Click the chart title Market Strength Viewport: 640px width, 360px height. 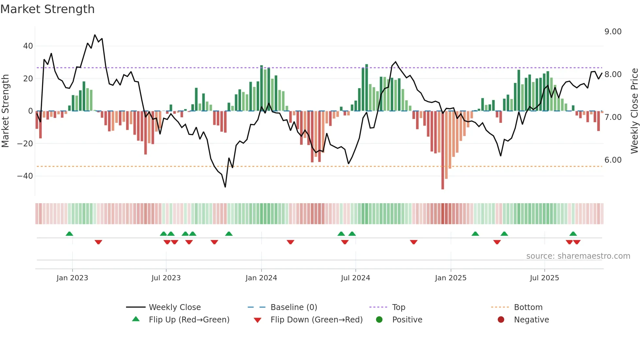tap(47, 9)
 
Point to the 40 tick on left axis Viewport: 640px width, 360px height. tap(28, 46)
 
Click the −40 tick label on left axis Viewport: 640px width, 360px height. tap(25, 176)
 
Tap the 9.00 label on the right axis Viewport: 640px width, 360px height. tap(613, 32)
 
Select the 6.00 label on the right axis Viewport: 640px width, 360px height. tap(613, 160)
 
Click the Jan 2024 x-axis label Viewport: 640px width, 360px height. tap(261, 278)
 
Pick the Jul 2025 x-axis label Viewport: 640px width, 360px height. tap(544, 278)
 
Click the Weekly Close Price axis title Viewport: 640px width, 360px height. tap(634, 111)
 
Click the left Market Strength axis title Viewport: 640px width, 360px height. tap(6, 111)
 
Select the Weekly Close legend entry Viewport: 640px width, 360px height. tap(174, 307)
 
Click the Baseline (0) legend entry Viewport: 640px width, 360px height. tap(294, 307)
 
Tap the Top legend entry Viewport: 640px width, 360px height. tap(398, 307)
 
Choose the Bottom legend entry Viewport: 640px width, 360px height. tap(528, 307)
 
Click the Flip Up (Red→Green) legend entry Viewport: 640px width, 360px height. tap(189, 320)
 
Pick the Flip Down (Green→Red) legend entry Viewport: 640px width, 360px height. tap(316, 320)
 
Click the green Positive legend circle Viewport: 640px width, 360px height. tap(379, 320)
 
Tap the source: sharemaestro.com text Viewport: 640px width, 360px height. tap(578, 256)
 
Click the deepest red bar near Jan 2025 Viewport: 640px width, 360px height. tap(442, 150)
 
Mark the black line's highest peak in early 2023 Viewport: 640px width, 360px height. tap(95, 35)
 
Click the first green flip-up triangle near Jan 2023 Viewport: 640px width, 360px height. tap(69, 234)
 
